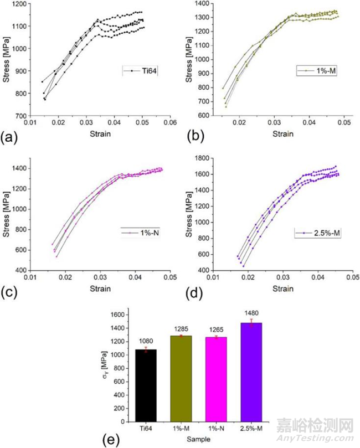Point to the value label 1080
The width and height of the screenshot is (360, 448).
pyautogui.click(x=146, y=341)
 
